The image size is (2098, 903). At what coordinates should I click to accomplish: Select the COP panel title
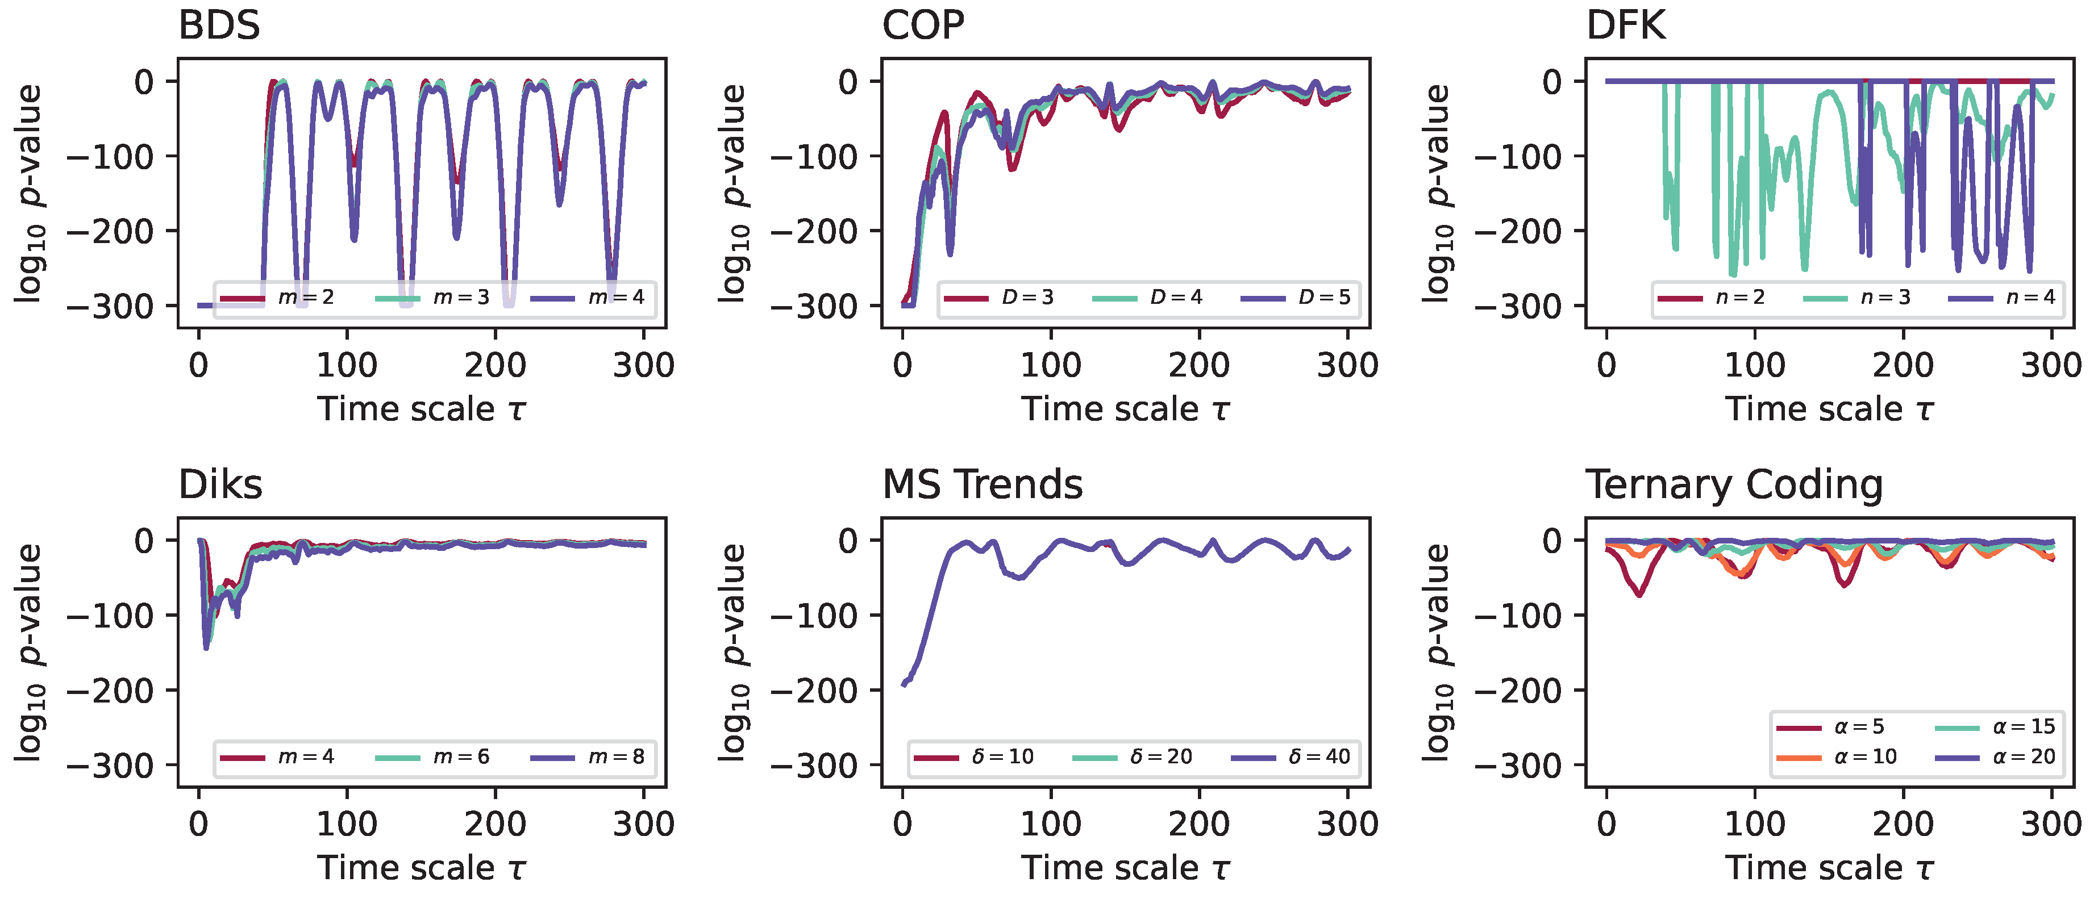click(923, 26)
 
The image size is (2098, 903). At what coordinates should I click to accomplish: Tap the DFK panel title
click(1626, 26)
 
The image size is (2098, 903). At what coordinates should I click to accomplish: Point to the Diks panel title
click(220, 485)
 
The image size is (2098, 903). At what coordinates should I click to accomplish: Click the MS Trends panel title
click(982, 485)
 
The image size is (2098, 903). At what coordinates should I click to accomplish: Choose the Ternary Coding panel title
click(1734, 485)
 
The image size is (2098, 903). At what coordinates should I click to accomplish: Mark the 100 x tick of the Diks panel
click(347, 825)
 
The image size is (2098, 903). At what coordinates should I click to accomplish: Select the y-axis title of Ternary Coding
click(1438, 652)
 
